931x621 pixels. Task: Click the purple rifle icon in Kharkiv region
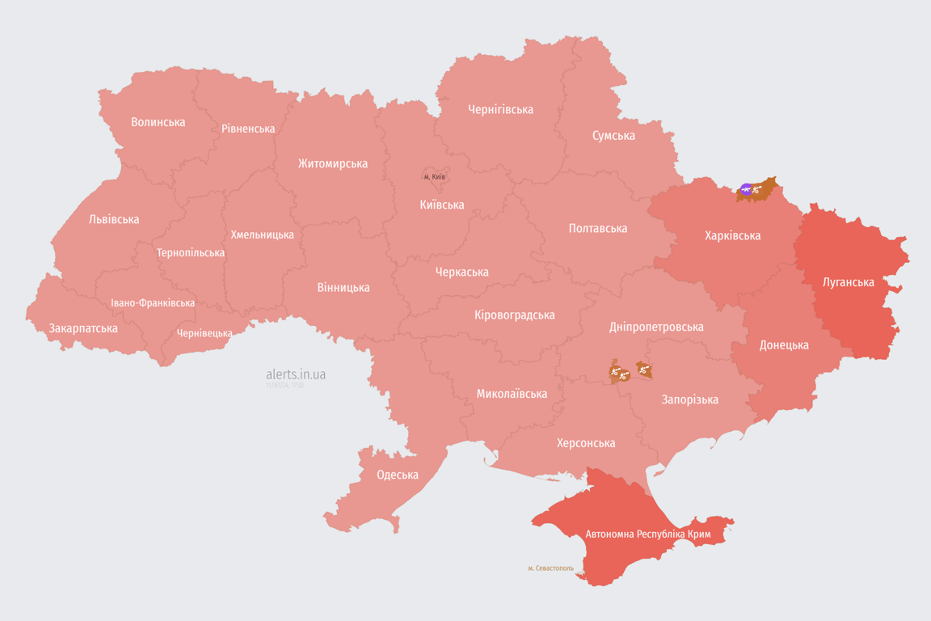tap(746, 190)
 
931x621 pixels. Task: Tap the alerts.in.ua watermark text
tap(296, 374)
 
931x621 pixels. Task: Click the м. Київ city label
tap(435, 176)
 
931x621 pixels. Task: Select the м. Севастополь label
tap(550, 568)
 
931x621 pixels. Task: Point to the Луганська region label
tap(848, 282)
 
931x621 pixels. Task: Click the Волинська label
tap(158, 122)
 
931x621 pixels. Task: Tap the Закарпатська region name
tap(83, 328)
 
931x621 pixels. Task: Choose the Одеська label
tap(398, 475)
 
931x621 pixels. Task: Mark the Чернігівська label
tap(500, 109)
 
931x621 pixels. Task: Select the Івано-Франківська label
tap(153, 303)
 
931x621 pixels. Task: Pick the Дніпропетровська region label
tap(655, 327)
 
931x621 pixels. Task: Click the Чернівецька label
tap(204, 333)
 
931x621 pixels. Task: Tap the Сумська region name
tap(613, 135)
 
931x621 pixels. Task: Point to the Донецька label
tap(784, 345)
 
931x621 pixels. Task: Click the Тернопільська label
tap(191, 253)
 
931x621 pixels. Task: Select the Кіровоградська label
tap(514, 315)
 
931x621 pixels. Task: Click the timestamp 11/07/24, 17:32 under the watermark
tap(284, 386)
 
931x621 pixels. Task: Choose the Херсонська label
tap(586, 443)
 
